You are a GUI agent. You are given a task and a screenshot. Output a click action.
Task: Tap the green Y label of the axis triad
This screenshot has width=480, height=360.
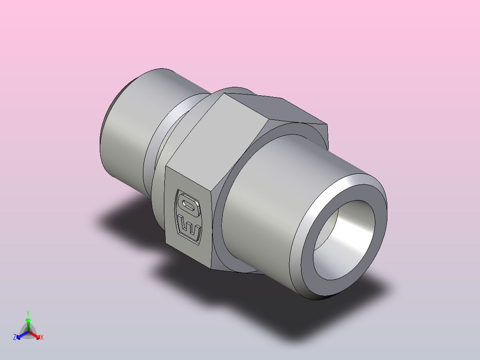click(28, 313)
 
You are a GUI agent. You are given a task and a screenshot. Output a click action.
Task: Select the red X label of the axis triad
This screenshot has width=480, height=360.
click(42, 338)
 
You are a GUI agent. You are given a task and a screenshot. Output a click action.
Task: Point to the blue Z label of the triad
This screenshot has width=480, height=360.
click(15, 338)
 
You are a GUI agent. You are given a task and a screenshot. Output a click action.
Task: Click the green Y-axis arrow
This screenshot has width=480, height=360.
click(28, 323)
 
